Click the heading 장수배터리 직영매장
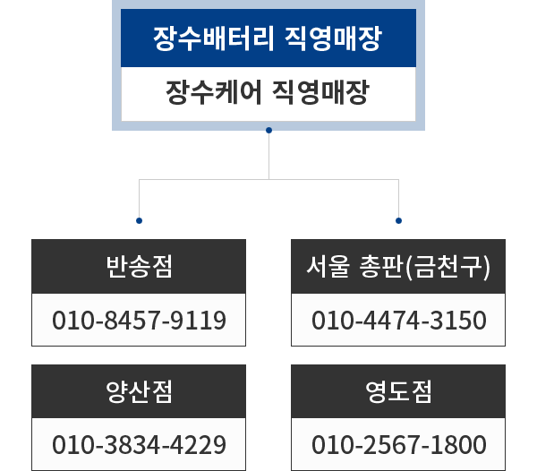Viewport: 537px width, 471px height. click(x=268, y=39)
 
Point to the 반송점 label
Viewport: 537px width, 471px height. click(x=139, y=267)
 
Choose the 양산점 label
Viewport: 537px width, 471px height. click(x=139, y=391)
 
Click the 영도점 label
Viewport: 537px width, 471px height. click(x=398, y=391)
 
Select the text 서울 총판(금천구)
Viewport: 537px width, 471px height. click(x=398, y=267)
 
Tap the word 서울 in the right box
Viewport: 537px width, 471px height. click(x=323, y=267)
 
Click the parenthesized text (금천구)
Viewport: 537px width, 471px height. click(x=447, y=267)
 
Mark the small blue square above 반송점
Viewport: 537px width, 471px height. click(x=139, y=220)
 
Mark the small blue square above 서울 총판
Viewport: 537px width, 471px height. click(x=398, y=220)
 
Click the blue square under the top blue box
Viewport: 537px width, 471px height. click(x=268, y=132)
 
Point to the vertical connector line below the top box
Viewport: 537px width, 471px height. click(x=268, y=157)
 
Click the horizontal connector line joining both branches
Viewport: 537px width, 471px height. click(x=268, y=180)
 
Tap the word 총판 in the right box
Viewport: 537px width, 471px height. click(x=379, y=267)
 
